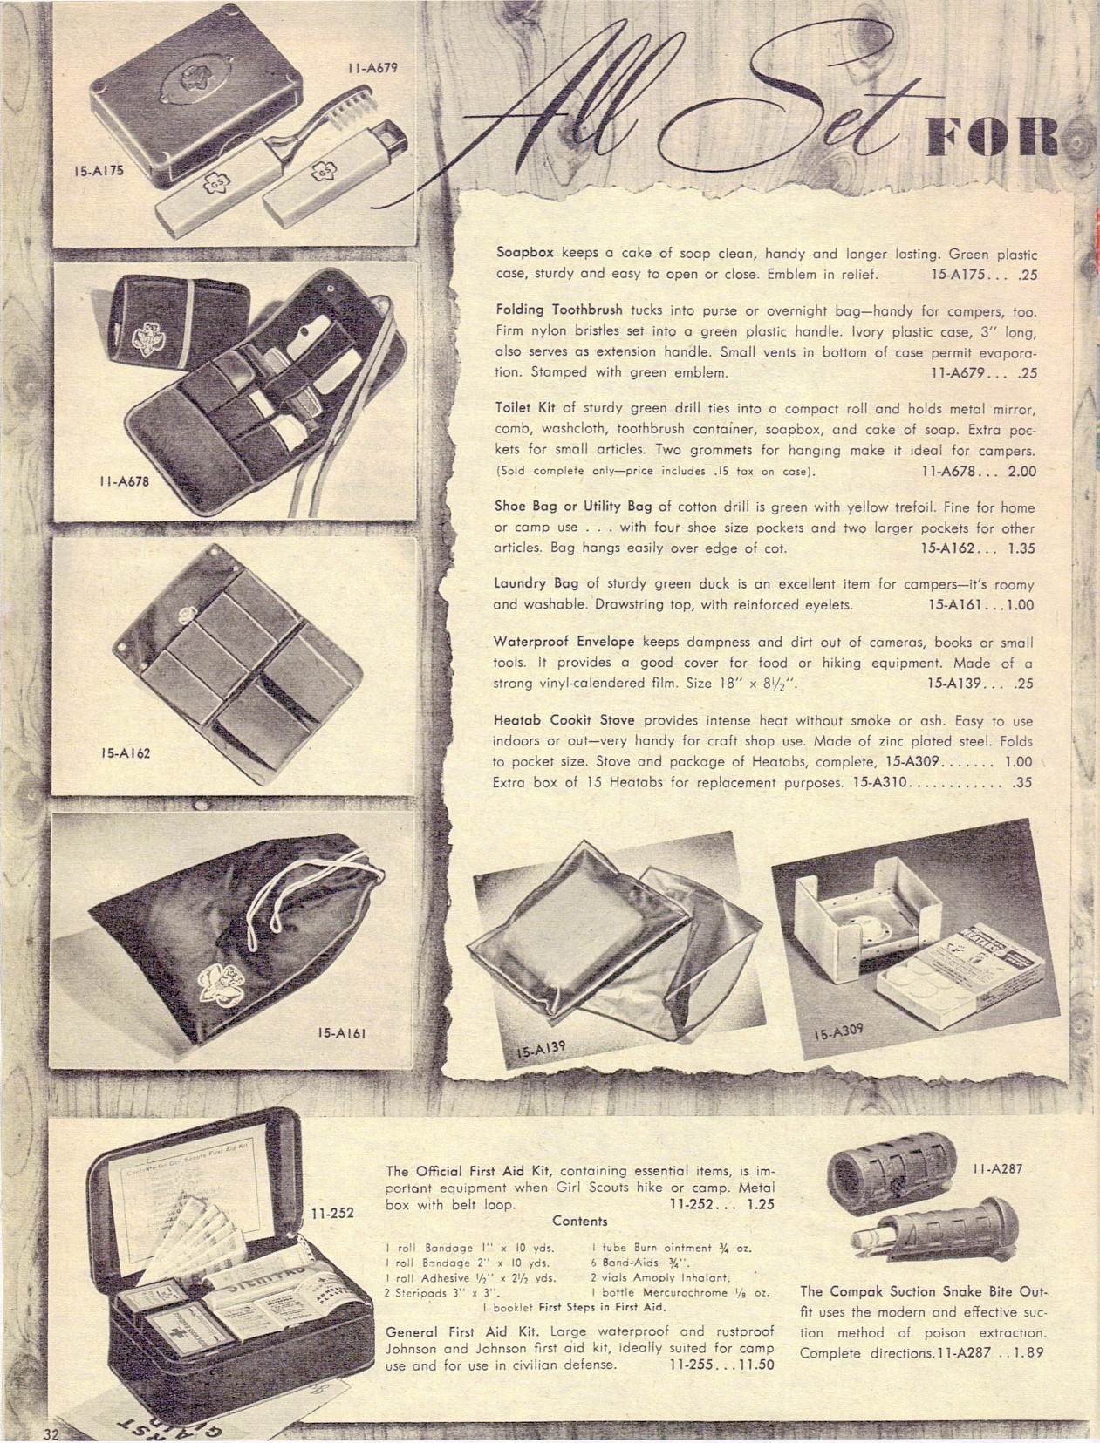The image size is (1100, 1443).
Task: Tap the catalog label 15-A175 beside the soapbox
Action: (98, 172)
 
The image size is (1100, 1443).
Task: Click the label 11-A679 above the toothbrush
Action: (372, 68)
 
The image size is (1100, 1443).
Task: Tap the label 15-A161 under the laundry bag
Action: (342, 1033)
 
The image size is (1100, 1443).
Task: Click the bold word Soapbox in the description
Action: (524, 253)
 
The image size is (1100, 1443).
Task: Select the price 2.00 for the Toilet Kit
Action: (1021, 472)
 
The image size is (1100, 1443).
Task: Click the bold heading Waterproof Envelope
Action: (564, 642)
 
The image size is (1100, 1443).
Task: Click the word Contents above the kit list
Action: (580, 1221)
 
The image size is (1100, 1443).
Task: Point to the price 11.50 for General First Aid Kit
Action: (757, 1364)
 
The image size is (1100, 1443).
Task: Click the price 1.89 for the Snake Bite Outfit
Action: (1029, 1352)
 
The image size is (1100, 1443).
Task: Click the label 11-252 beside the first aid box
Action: (332, 1213)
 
